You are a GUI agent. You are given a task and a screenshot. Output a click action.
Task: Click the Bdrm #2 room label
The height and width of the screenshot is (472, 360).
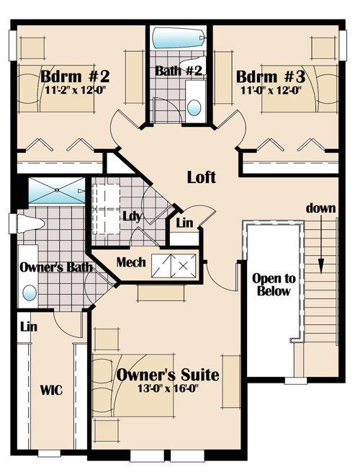pyautogui.click(x=75, y=76)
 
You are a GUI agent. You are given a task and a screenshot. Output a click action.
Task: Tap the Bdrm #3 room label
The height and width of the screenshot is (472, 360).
pyautogui.click(x=271, y=76)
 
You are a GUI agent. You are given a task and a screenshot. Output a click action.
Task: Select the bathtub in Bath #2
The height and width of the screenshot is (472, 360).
pyautogui.click(x=179, y=37)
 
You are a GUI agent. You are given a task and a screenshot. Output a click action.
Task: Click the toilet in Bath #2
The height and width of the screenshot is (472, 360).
pyautogui.click(x=193, y=65)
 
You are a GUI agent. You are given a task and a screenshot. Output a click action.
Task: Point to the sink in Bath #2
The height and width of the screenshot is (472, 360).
pyautogui.click(x=194, y=107)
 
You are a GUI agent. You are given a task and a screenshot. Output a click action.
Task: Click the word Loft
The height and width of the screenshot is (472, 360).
pyautogui.click(x=202, y=177)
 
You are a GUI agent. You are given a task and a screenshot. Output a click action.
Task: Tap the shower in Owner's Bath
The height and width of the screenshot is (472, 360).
pyautogui.click(x=57, y=190)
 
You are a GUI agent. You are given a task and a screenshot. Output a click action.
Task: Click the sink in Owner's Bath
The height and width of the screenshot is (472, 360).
pyautogui.click(x=30, y=293)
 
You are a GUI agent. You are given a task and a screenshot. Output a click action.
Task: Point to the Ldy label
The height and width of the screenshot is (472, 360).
pyautogui.click(x=132, y=216)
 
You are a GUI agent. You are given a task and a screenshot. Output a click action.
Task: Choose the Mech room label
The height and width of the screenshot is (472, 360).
pyautogui.click(x=131, y=262)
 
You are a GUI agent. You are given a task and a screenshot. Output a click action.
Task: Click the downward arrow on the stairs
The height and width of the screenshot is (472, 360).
pyautogui.click(x=321, y=244)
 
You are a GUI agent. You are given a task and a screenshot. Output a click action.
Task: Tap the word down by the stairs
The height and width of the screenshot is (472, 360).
pyautogui.click(x=321, y=208)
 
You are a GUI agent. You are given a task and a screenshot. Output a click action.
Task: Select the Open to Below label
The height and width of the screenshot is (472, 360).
pyautogui.click(x=274, y=285)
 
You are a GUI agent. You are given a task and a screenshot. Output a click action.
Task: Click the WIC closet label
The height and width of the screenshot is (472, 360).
pyautogui.click(x=51, y=390)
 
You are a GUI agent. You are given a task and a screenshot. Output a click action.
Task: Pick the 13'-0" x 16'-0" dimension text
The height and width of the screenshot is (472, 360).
pyautogui.click(x=168, y=388)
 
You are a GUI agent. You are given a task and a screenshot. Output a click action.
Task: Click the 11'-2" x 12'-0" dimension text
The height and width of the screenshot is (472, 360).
pyautogui.click(x=76, y=89)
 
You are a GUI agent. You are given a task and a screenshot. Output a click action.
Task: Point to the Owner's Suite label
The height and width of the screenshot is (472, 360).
pyautogui.click(x=168, y=375)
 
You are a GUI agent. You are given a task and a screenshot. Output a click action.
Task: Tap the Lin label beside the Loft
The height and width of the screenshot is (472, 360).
pyautogui.click(x=184, y=223)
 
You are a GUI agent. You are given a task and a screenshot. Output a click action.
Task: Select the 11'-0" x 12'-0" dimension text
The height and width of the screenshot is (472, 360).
pyautogui.click(x=271, y=90)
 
